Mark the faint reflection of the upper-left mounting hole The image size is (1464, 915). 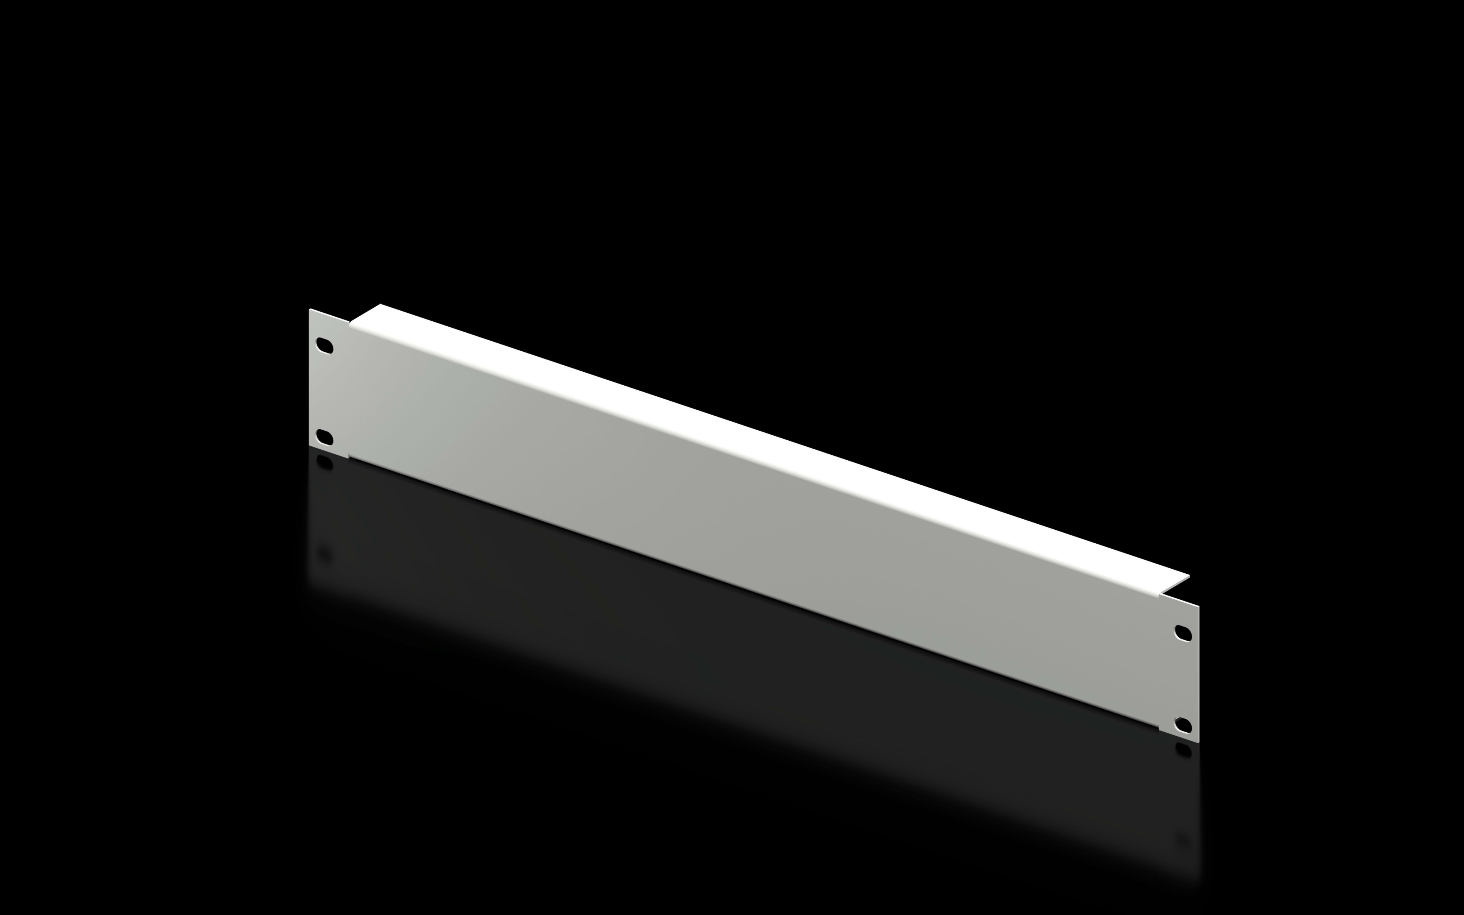(325, 553)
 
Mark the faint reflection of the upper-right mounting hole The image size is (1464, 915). (1183, 841)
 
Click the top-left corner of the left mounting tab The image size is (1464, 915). (310, 309)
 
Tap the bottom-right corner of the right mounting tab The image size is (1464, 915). (1198, 743)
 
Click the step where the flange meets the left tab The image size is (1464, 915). (349, 322)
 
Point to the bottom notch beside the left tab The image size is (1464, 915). (348, 458)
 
